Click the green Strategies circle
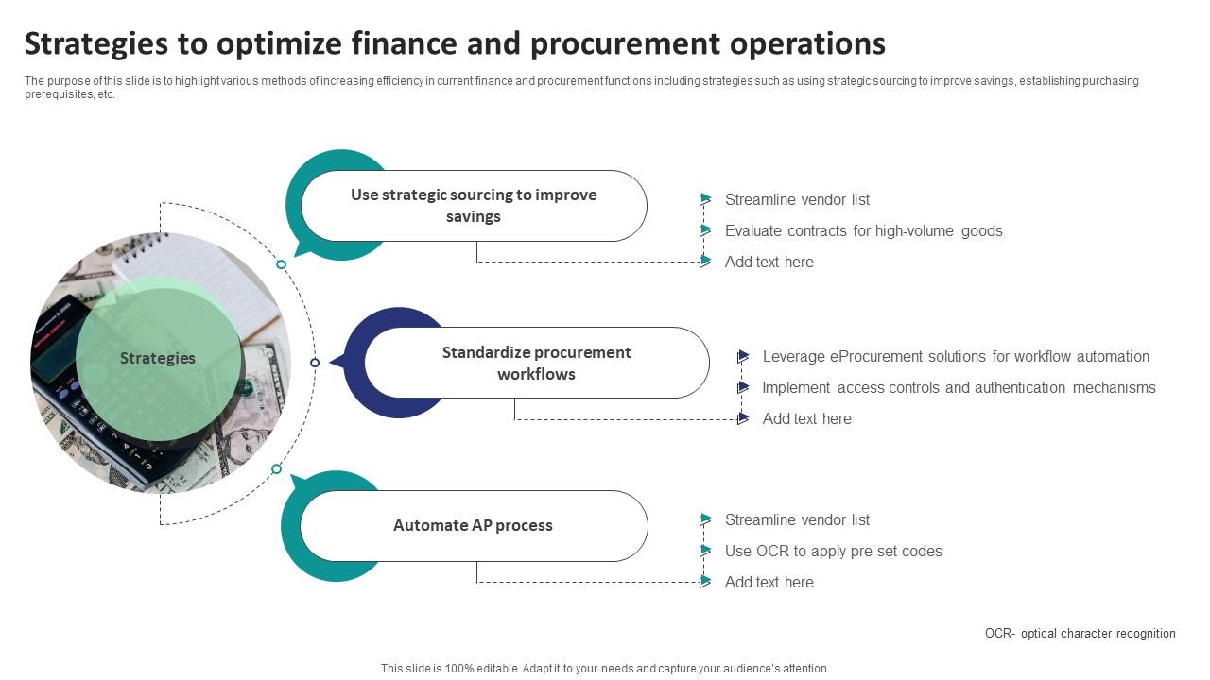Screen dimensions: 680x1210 [x=157, y=358]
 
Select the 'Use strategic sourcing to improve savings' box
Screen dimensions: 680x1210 [x=474, y=206]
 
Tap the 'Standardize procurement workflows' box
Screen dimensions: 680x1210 [x=536, y=363]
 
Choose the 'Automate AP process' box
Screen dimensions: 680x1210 [x=473, y=525]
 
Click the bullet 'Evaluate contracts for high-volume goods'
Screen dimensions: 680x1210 [x=863, y=230]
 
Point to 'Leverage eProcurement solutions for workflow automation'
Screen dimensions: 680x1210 [x=956, y=356]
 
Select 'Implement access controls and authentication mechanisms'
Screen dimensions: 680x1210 [x=959, y=387]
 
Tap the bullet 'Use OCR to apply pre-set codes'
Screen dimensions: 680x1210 [x=833, y=551]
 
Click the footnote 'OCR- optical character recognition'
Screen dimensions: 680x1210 [x=1080, y=634]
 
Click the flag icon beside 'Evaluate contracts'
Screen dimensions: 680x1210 [x=705, y=230]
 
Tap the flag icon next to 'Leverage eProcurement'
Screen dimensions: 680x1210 [x=743, y=356]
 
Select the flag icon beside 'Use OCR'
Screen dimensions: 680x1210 [x=705, y=551]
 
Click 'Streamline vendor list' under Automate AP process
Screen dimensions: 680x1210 [x=797, y=519]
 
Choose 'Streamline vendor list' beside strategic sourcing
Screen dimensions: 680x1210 [x=797, y=199]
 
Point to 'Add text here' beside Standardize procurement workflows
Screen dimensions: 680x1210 [x=806, y=418]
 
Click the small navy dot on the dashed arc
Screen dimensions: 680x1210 [x=315, y=363]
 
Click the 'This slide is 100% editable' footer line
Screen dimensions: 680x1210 [x=605, y=668]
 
